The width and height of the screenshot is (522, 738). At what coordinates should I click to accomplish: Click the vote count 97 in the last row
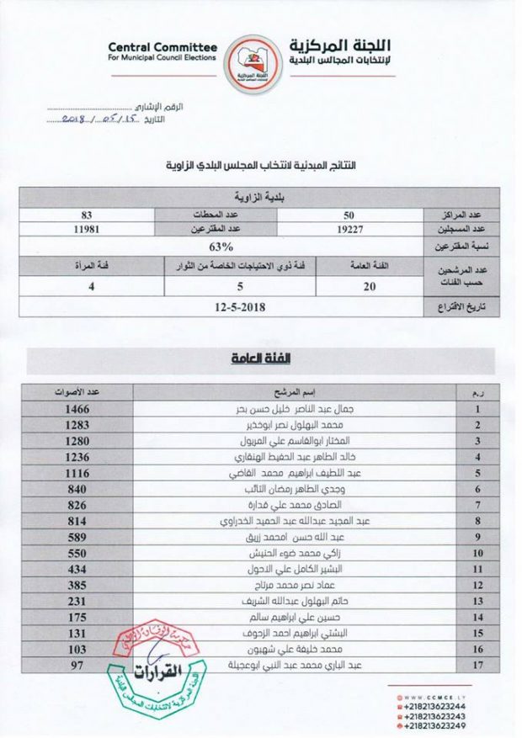click(x=81, y=666)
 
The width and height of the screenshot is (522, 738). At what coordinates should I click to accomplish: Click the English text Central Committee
click(x=162, y=47)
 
